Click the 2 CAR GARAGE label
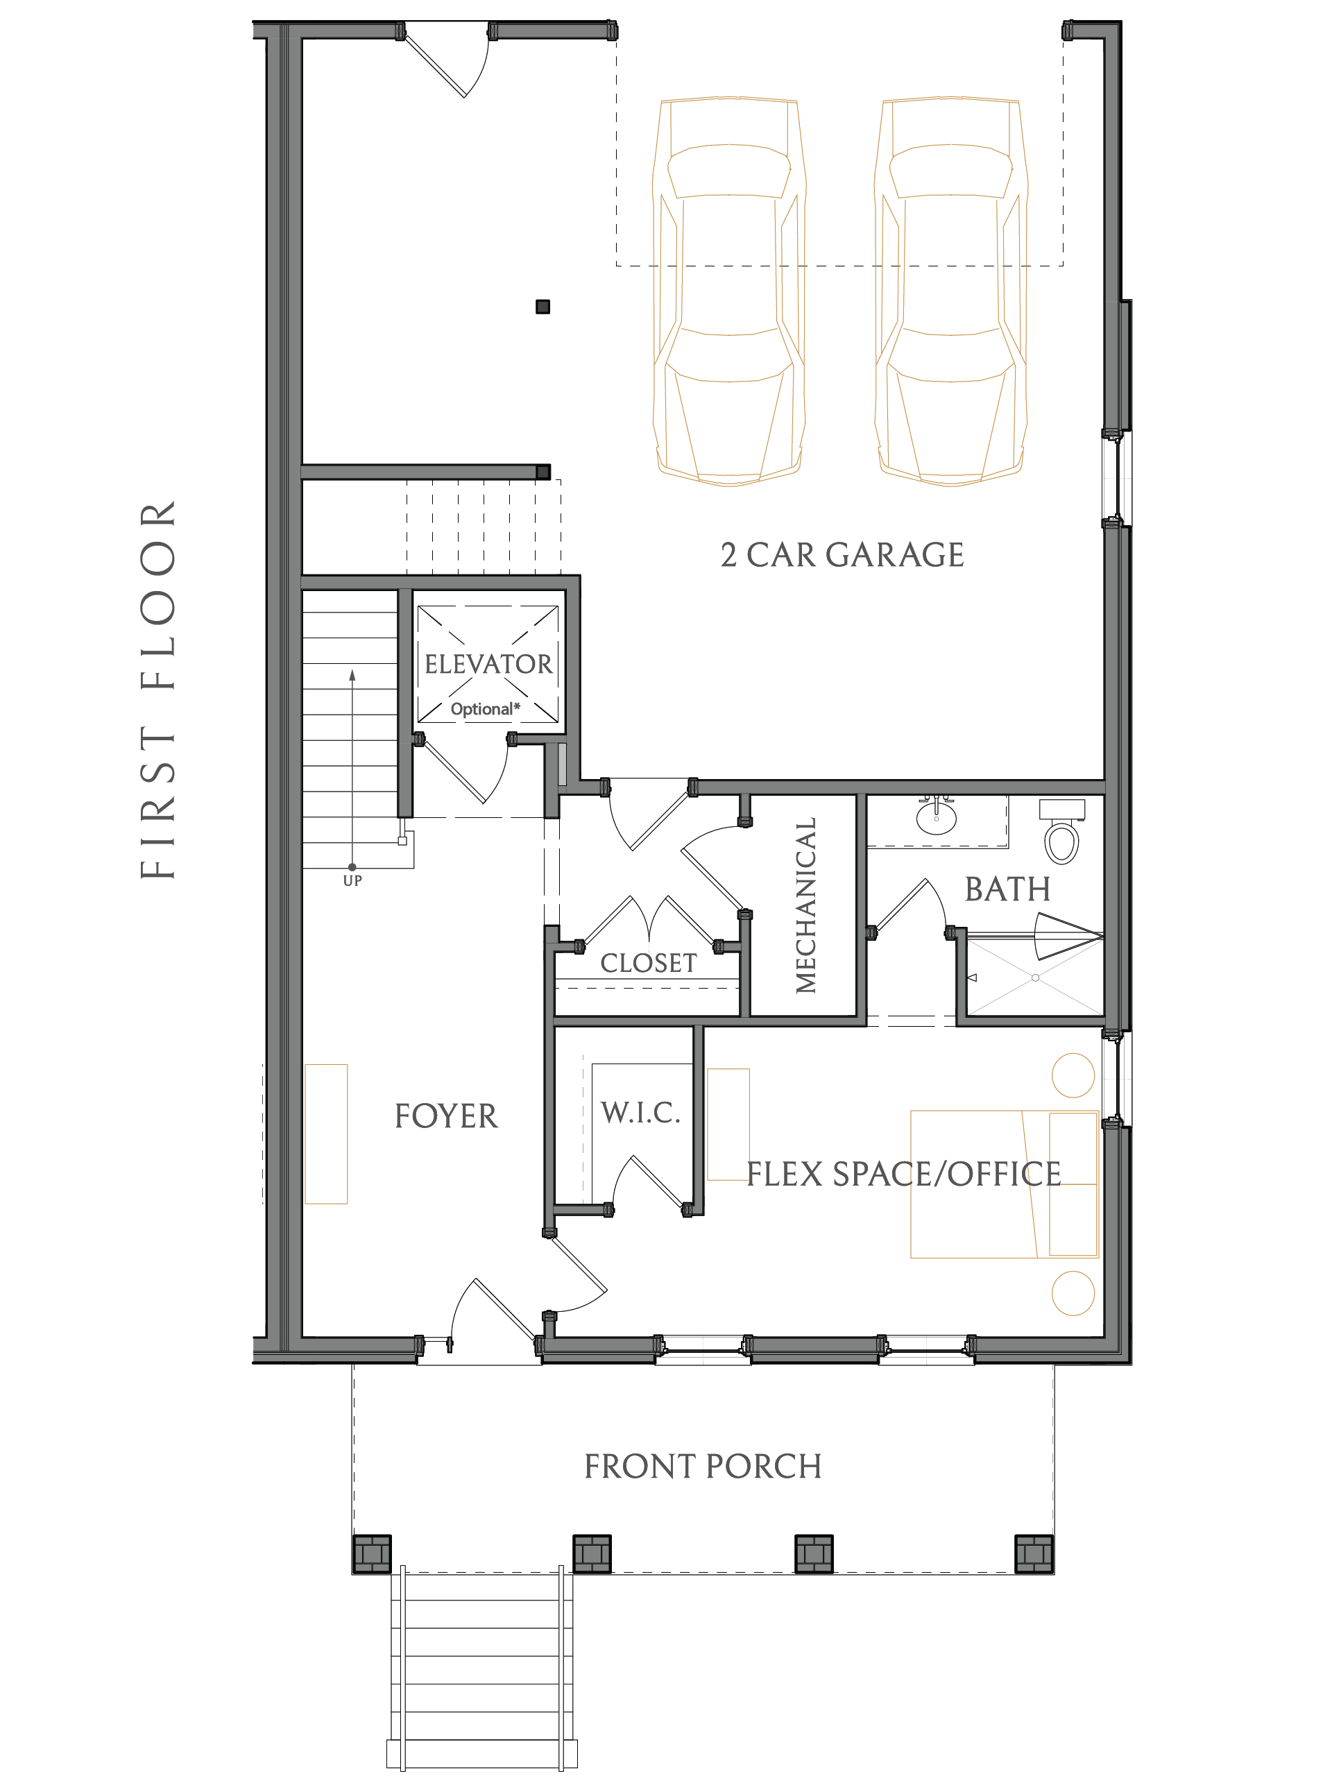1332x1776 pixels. tap(842, 555)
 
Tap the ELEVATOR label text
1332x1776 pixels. tap(488, 664)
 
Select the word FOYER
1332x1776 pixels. tap(445, 1116)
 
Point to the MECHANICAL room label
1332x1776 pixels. tap(805, 905)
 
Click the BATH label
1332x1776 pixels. tap(1007, 889)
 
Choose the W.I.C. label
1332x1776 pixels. tap(641, 1113)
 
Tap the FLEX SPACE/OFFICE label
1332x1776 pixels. tap(904, 1174)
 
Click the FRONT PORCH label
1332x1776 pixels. tap(703, 1466)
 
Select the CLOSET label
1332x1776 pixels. tap(649, 963)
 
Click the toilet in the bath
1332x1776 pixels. tap(1061, 831)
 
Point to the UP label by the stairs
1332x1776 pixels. tap(352, 881)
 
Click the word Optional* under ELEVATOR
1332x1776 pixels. tap(485, 709)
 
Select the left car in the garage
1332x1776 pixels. tap(729, 292)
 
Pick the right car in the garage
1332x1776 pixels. tap(950, 292)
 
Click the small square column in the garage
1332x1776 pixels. tap(543, 307)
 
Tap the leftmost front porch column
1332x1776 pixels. tap(372, 1553)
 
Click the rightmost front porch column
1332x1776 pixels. tap(1034, 1553)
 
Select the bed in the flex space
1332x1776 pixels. tap(1005, 1184)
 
